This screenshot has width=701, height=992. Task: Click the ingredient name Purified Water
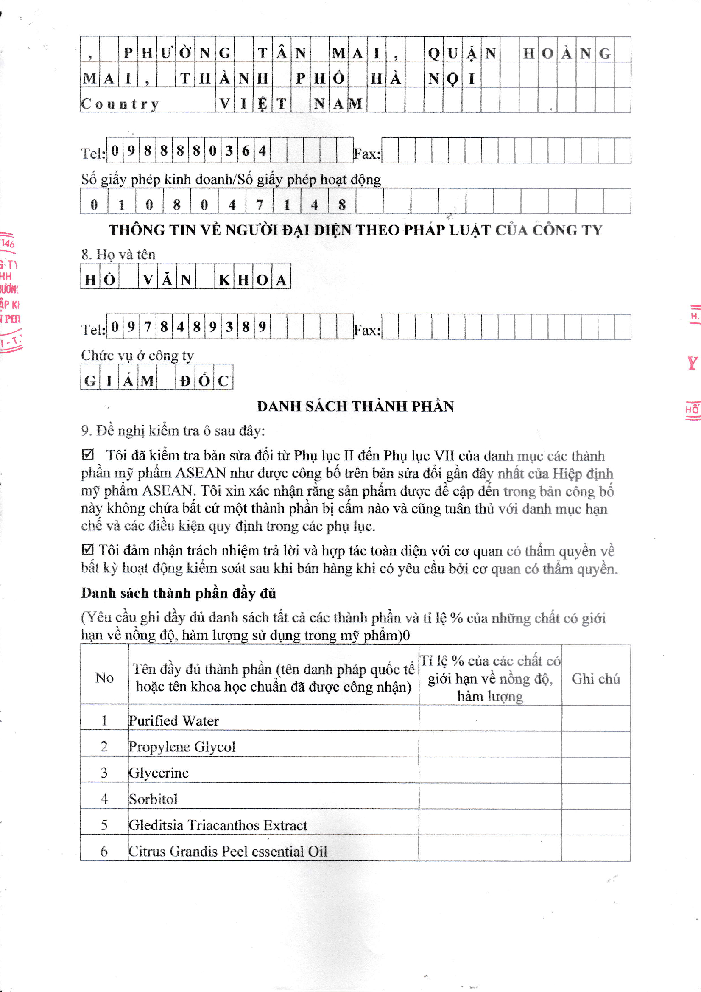pos(173,721)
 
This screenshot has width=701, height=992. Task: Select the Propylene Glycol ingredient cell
pos(182,747)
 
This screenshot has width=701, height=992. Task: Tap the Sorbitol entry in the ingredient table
pos(153,799)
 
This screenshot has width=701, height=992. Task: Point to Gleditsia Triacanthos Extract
pos(218,825)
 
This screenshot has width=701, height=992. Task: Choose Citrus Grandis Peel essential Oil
pos(228,851)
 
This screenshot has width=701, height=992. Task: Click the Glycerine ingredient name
pos(159,773)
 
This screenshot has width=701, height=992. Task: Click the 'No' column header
pos(104,678)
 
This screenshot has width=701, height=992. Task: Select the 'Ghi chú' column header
pos(595,678)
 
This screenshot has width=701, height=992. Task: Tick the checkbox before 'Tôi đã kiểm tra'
pos(88,454)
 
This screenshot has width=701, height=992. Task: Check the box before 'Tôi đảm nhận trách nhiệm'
pos(88,549)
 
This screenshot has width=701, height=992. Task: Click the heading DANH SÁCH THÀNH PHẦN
pos(355,406)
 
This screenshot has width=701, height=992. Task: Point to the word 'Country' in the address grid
pos(120,104)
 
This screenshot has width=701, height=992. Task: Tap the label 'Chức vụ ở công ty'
pos(137,355)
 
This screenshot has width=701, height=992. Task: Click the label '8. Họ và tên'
pos(118,255)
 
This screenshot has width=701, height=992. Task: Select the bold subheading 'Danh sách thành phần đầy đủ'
pos(179,593)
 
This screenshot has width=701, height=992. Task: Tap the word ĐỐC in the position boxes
pos(204,380)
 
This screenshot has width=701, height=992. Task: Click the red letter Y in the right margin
pos(693,363)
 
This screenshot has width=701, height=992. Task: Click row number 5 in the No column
pos(104,825)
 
